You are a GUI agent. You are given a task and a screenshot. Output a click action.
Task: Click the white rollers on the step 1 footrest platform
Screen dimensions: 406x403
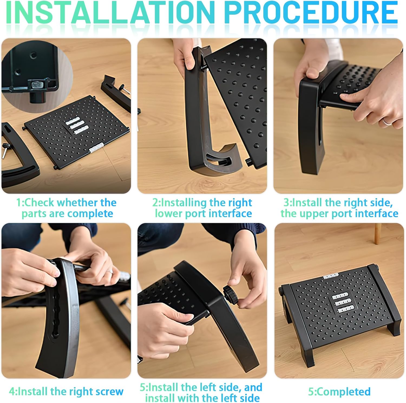[x=77, y=126]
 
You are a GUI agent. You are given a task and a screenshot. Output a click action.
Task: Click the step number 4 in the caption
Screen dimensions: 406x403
[x=12, y=391]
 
